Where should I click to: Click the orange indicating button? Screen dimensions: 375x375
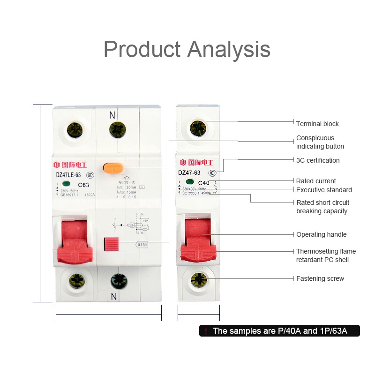[x=113, y=167]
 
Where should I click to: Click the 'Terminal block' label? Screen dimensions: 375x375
[x=317, y=124]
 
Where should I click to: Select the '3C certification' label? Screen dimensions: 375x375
[x=318, y=160]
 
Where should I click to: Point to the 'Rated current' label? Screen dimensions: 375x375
[x=316, y=181]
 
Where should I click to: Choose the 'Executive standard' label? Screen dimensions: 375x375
[x=324, y=190]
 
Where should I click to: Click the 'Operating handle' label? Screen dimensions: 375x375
[x=322, y=234]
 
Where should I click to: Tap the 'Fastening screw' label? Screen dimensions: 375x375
[x=320, y=278]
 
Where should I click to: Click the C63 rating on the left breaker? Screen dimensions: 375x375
[x=83, y=185]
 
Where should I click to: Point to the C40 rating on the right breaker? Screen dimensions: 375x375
[x=204, y=183]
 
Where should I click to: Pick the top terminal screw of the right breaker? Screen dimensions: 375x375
[x=198, y=127]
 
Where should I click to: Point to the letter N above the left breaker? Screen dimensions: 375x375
[x=112, y=114]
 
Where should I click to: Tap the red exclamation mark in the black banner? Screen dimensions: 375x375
[x=205, y=331]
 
